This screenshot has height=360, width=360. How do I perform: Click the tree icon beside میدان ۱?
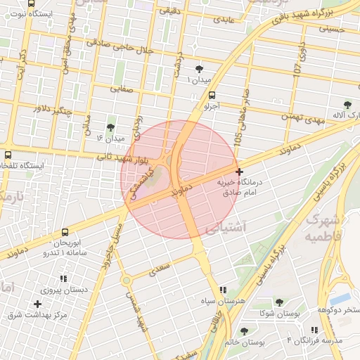pos(200,69)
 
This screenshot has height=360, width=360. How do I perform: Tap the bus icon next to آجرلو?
pos(212,96)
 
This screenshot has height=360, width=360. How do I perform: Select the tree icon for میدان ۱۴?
pos(110,127)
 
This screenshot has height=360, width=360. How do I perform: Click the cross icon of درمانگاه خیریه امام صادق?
pos(240,171)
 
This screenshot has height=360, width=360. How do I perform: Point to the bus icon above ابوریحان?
pos(65,231)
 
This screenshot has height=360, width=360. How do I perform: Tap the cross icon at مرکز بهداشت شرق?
pos(37,304)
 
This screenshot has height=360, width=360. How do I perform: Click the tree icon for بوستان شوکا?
pos(279,302)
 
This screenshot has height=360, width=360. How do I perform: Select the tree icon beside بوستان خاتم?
pos(244,331)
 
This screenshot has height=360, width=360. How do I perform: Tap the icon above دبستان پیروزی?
pos(64,278)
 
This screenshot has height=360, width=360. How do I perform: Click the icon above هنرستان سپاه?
pos(223,290)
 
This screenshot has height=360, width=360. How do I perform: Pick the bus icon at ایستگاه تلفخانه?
pos(8,155)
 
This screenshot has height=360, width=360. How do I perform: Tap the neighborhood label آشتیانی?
pos(225,229)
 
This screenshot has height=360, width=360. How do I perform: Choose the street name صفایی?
pos(122,89)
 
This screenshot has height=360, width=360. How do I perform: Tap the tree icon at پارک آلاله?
pos(347,105)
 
